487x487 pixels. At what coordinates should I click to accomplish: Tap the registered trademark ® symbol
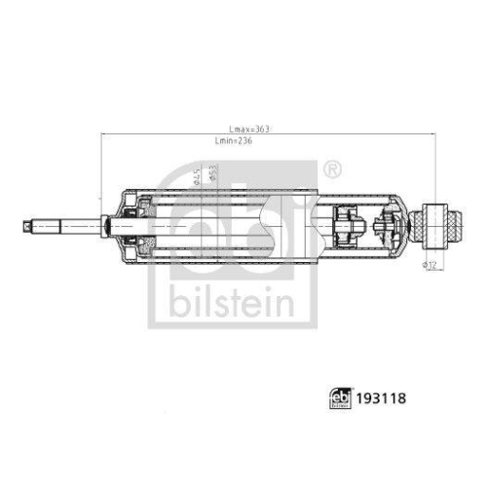coord(332,169)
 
